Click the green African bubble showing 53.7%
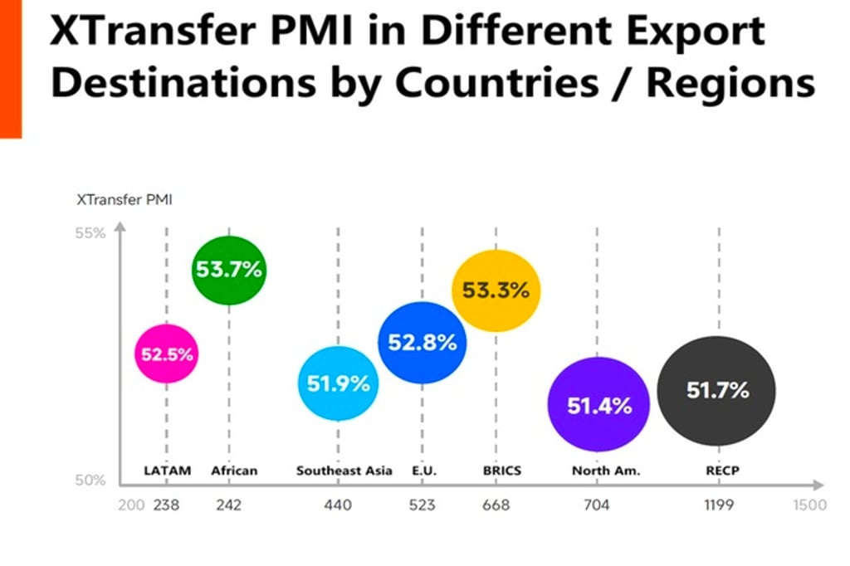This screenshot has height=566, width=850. click(228, 269)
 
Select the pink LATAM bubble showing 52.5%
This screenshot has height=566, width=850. click(167, 354)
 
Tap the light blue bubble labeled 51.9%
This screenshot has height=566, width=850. click(338, 383)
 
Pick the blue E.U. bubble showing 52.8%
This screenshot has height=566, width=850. click(423, 342)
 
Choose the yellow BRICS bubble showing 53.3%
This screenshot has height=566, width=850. click(496, 290)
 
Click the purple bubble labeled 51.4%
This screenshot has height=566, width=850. click(598, 405)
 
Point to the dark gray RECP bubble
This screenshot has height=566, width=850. click(717, 390)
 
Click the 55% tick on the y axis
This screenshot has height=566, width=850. click(91, 233)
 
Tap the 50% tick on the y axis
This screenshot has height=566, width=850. click(91, 480)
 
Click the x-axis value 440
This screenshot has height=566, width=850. click(338, 505)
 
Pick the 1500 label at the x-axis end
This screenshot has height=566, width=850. click(809, 505)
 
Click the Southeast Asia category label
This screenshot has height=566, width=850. click(344, 471)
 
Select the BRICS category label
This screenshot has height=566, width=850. click(501, 471)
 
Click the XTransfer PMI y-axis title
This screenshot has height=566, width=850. click(124, 199)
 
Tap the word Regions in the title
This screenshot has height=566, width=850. click(730, 83)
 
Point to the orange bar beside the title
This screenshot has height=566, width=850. click(10, 66)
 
